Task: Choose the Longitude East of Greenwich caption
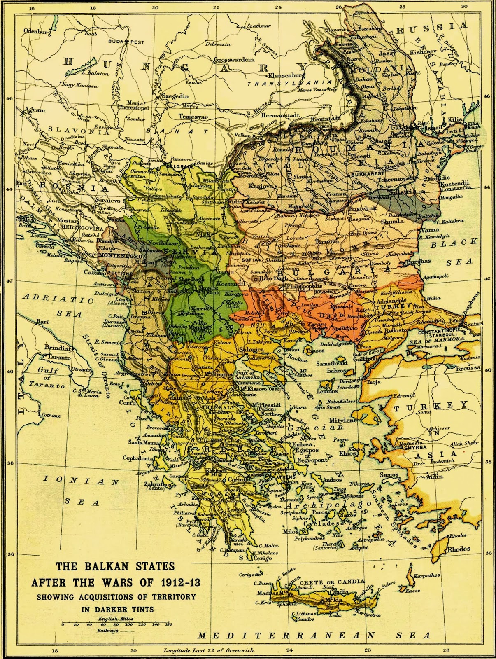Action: (208, 650)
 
